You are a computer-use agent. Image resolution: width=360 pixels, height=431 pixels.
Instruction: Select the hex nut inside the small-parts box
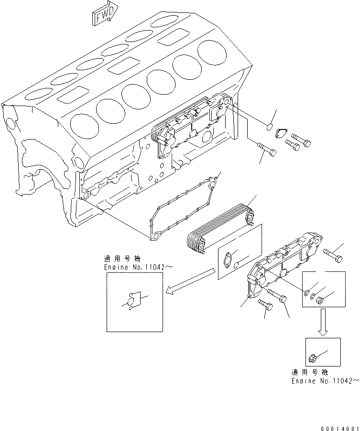click(321, 300)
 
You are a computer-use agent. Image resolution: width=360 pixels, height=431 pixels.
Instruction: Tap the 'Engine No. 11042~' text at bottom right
click(324, 381)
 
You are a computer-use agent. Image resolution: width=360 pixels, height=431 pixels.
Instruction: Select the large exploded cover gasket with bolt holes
click(182, 208)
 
